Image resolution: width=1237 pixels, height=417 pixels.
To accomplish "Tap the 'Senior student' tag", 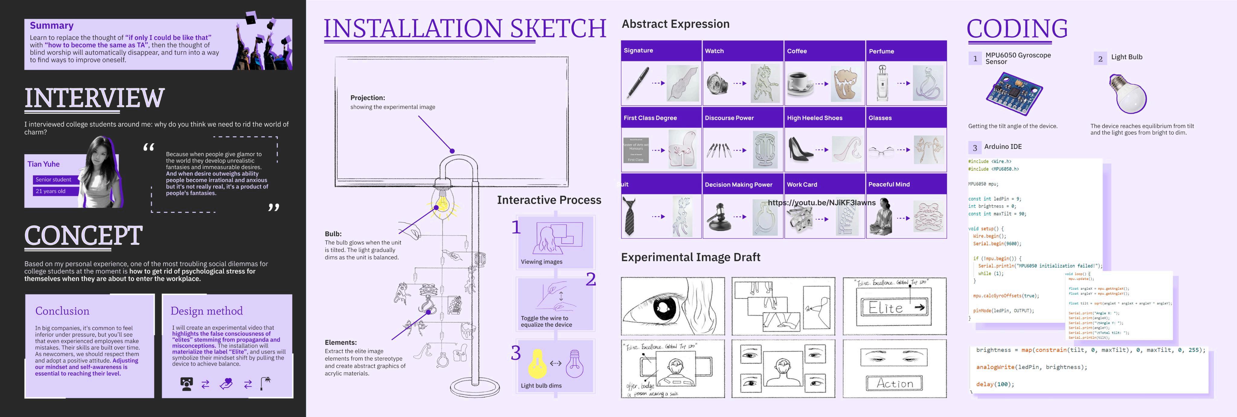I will [x=53, y=180].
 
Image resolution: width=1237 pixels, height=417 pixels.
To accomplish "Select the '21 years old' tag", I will [x=50, y=191].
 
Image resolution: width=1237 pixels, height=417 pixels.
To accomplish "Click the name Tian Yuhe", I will [x=44, y=164].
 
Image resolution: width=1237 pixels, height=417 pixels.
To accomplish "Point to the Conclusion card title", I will [x=63, y=311].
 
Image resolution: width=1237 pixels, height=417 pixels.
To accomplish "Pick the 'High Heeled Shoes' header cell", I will [x=814, y=118].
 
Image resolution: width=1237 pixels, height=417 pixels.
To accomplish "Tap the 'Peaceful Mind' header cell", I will [x=889, y=184].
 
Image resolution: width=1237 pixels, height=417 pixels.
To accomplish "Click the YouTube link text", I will [x=822, y=202].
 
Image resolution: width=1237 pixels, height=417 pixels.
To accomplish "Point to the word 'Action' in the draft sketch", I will [x=895, y=384].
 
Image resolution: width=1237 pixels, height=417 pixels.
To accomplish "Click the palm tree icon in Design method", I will [x=265, y=384].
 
